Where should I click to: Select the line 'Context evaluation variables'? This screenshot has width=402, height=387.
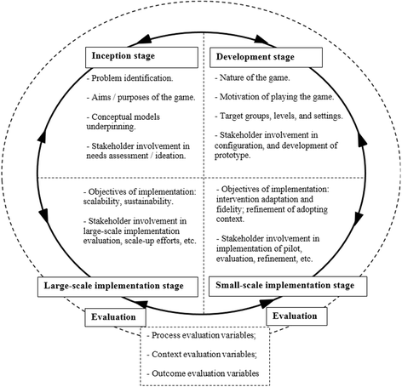point(203,356)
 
